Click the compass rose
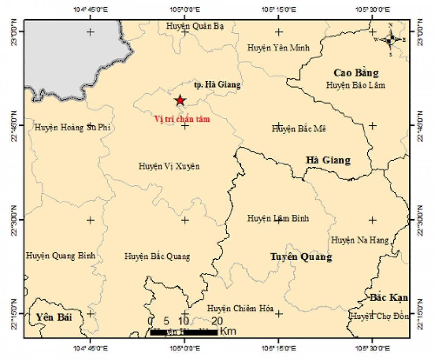[x=390, y=40]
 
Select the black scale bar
[x=184, y=332]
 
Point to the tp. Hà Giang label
[x=217, y=85]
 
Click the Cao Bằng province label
[x=356, y=73]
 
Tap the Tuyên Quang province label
[x=301, y=257]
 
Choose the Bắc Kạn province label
[x=389, y=298]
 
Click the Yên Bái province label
[x=54, y=318]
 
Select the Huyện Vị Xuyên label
[x=169, y=166]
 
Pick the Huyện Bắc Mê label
[x=299, y=129]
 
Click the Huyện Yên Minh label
[x=278, y=47]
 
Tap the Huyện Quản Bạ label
[x=195, y=26]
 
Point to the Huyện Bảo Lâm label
[x=355, y=85]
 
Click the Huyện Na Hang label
[x=360, y=240]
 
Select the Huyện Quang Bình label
[x=61, y=256]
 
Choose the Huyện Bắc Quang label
[x=157, y=256]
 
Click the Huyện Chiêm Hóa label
[x=240, y=309]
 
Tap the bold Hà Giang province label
[x=328, y=160]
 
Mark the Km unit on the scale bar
[x=228, y=331]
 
